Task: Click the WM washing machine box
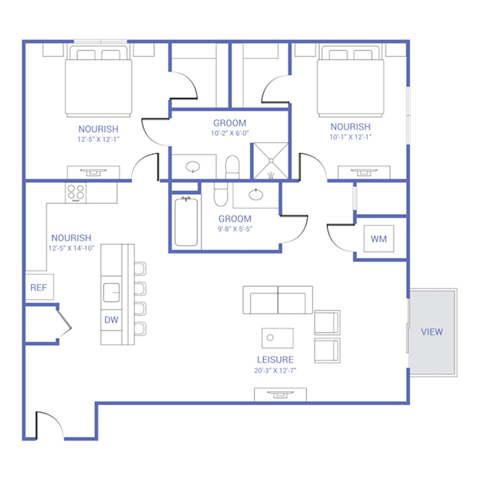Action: point(379,238)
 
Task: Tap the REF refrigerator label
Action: point(38,287)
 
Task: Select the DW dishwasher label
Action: point(111,320)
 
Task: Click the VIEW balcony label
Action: point(431,332)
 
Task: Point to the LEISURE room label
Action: point(275,359)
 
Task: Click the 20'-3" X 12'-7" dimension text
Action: point(275,371)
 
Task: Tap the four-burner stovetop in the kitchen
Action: point(76,193)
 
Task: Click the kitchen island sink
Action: point(111,292)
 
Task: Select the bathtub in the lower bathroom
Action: point(186,222)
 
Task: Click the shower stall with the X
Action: point(271,161)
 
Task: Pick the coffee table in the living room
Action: point(277,338)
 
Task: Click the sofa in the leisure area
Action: point(278,300)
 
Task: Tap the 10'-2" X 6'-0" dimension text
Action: point(230,133)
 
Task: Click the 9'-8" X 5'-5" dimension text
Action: point(235,229)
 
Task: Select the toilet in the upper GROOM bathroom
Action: point(233,167)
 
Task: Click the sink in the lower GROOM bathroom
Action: point(256,195)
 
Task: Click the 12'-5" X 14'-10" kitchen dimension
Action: point(71,248)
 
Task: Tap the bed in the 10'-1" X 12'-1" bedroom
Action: point(350,81)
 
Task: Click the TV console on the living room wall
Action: point(281,394)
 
